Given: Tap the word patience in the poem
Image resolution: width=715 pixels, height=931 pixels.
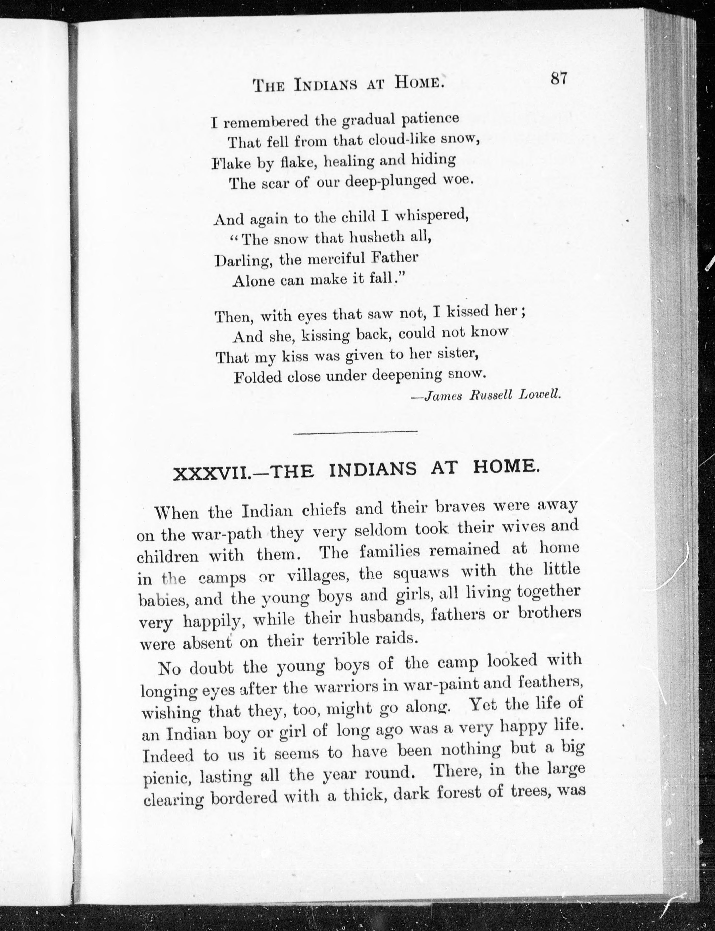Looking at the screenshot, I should (430, 118).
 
